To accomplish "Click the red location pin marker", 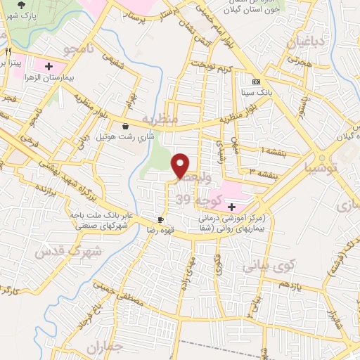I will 181,165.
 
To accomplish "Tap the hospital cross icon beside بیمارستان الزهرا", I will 49,67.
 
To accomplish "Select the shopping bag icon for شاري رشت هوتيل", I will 125,127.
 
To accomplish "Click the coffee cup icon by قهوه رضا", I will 160,219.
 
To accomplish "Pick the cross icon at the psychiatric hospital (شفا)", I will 231,207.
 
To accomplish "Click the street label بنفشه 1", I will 275,150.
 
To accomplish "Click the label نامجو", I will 77,51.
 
